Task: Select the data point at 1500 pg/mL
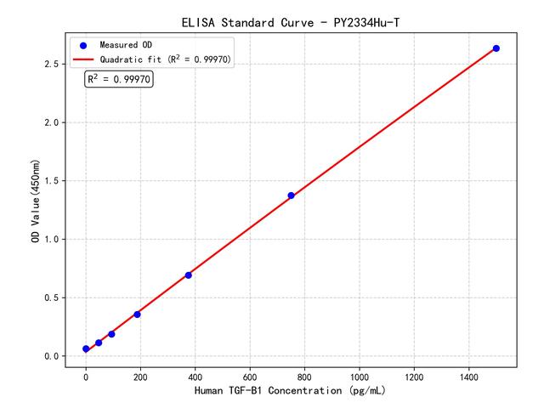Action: pos(496,48)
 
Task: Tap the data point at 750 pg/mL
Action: pos(291,195)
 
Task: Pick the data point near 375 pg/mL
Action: pos(189,275)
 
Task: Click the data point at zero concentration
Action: pos(86,348)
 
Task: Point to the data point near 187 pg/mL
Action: pos(137,314)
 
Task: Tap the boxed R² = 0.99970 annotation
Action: pos(119,79)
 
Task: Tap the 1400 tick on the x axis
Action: pos(468,375)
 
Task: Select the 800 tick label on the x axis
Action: pos(304,375)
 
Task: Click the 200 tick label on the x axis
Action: pos(140,375)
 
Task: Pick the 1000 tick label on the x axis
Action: pos(360,375)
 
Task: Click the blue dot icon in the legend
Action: pos(83,44)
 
